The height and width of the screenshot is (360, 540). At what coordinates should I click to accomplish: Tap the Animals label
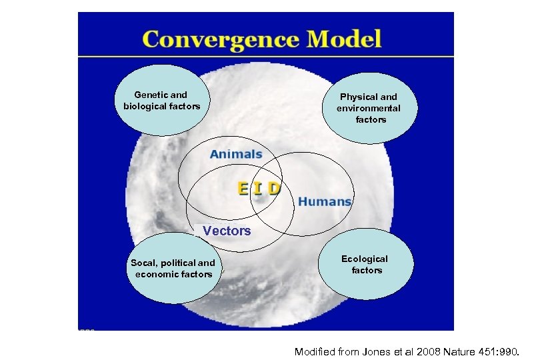[x=236, y=154]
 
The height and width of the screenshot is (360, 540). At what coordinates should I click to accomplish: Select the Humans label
[x=325, y=201]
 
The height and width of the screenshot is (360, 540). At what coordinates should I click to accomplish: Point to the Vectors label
[x=227, y=231]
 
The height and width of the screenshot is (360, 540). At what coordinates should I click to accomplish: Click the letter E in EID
[x=245, y=188]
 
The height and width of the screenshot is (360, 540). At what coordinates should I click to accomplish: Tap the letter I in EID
[x=259, y=188]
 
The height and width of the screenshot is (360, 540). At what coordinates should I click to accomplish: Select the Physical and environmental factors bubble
[x=368, y=108]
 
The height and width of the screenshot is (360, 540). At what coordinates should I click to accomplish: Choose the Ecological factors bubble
[x=367, y=265]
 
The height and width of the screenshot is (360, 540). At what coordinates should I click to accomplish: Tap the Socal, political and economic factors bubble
[x=173, y=268]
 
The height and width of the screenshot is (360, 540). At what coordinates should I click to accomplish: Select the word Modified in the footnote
[x=317, y=351]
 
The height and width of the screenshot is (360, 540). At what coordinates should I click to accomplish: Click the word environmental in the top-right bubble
[x=369, y=108]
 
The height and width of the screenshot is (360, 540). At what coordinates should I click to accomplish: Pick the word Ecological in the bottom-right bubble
[x=365, y=259]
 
